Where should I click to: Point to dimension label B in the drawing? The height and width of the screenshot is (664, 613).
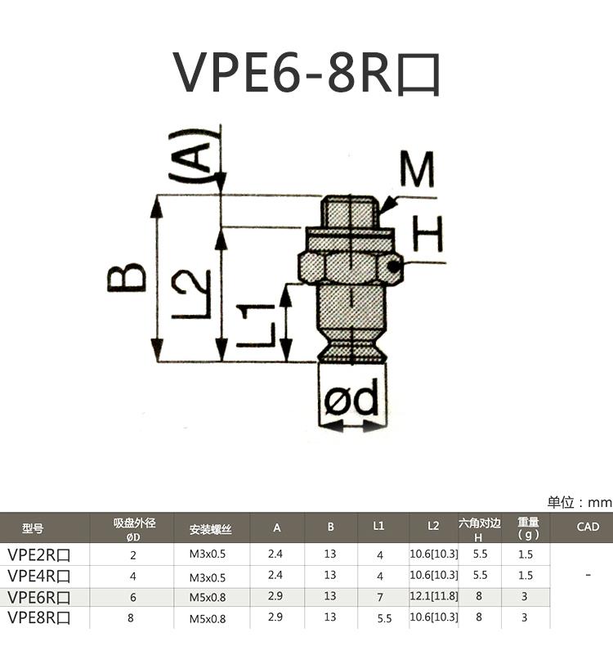(x=128, y=278)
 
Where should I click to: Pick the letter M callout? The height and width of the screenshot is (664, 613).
(x=417, y=170)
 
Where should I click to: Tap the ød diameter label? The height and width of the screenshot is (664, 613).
(x=351, y=400)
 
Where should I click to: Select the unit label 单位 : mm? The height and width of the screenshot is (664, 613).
(x=579, y=502)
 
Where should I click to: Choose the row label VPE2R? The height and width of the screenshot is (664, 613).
(x=38, y=554)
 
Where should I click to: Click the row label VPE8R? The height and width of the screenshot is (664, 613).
(x=38, y=618)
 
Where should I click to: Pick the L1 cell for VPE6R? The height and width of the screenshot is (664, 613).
(x=379, y=598)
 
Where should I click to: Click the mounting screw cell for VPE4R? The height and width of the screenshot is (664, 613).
(x=211, y=576)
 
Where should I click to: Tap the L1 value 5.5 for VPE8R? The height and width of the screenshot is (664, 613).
(x=383, y=619)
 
